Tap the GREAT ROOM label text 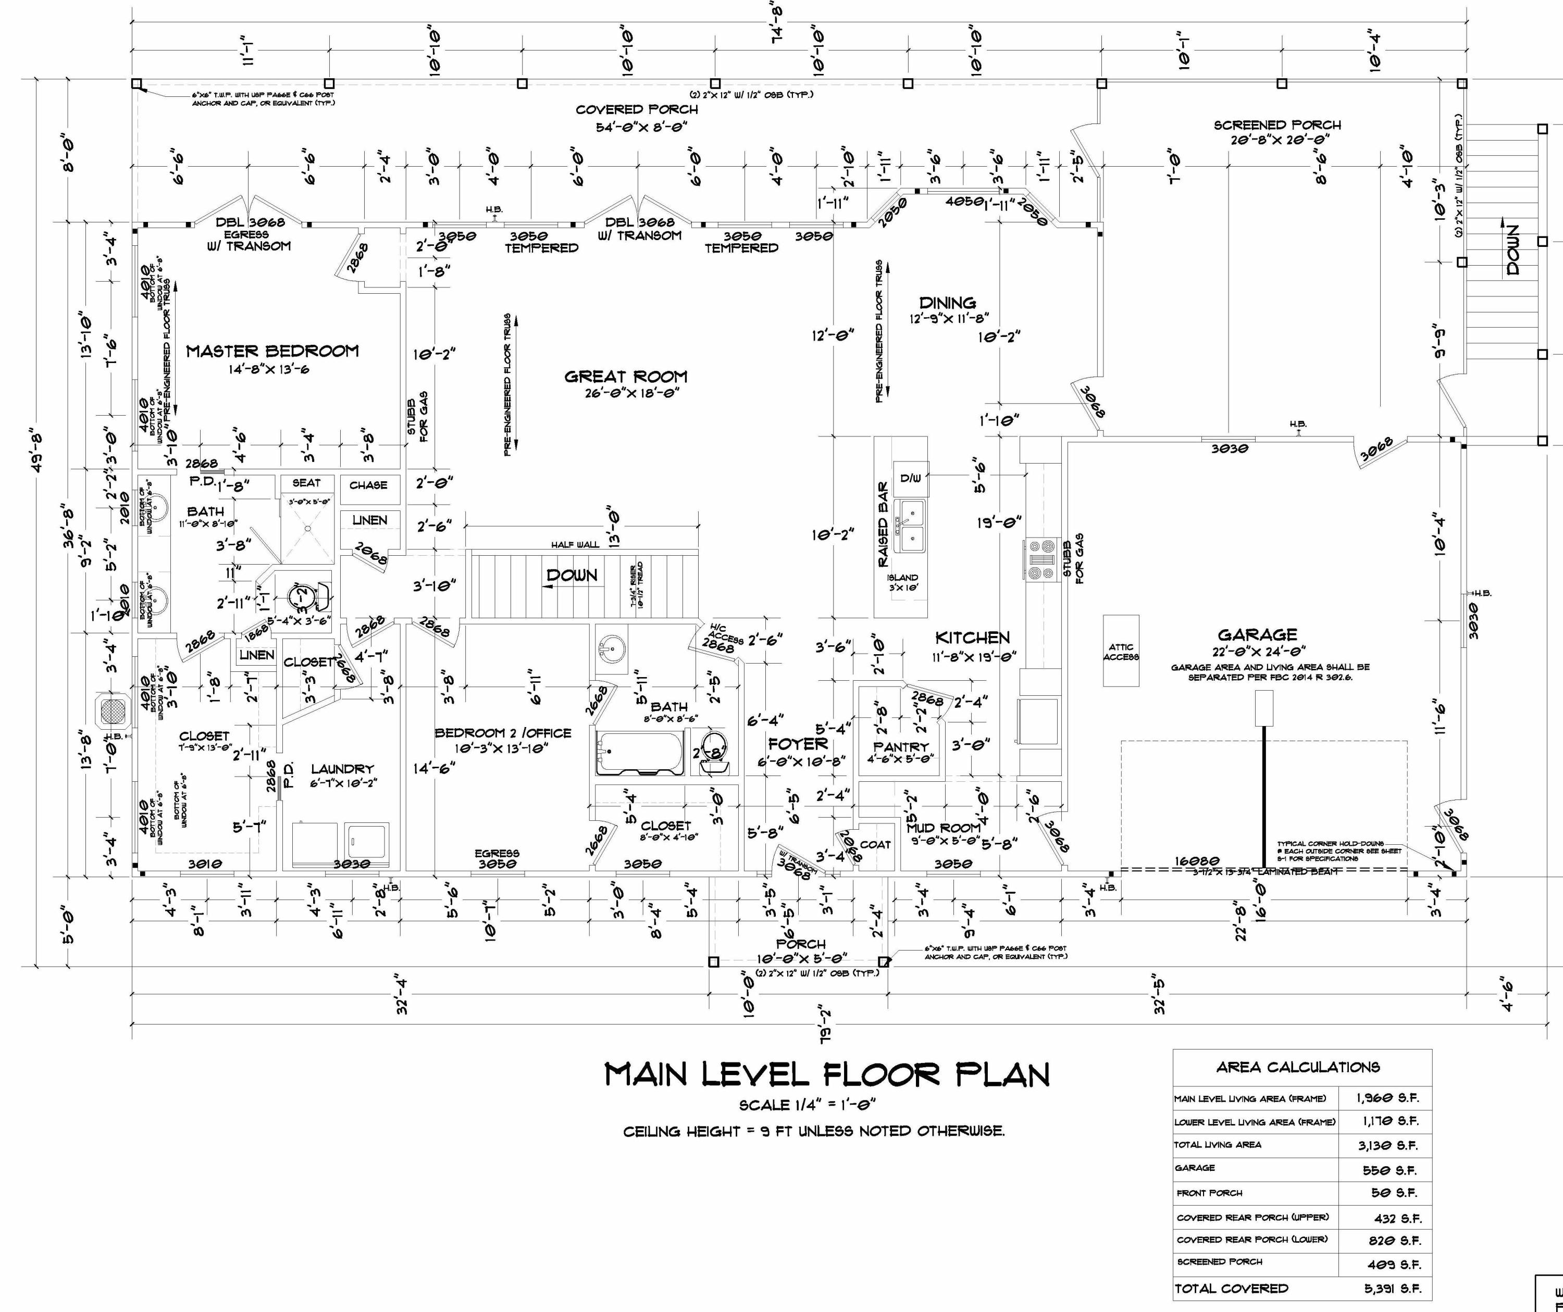coord(625,377)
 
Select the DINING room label coord(948,303)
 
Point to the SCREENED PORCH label coord(1276,125)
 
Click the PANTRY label coord(901,746)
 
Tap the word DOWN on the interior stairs coord(572,575)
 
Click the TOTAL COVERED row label coord(1230,1288)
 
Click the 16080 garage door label coord(1196,861)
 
